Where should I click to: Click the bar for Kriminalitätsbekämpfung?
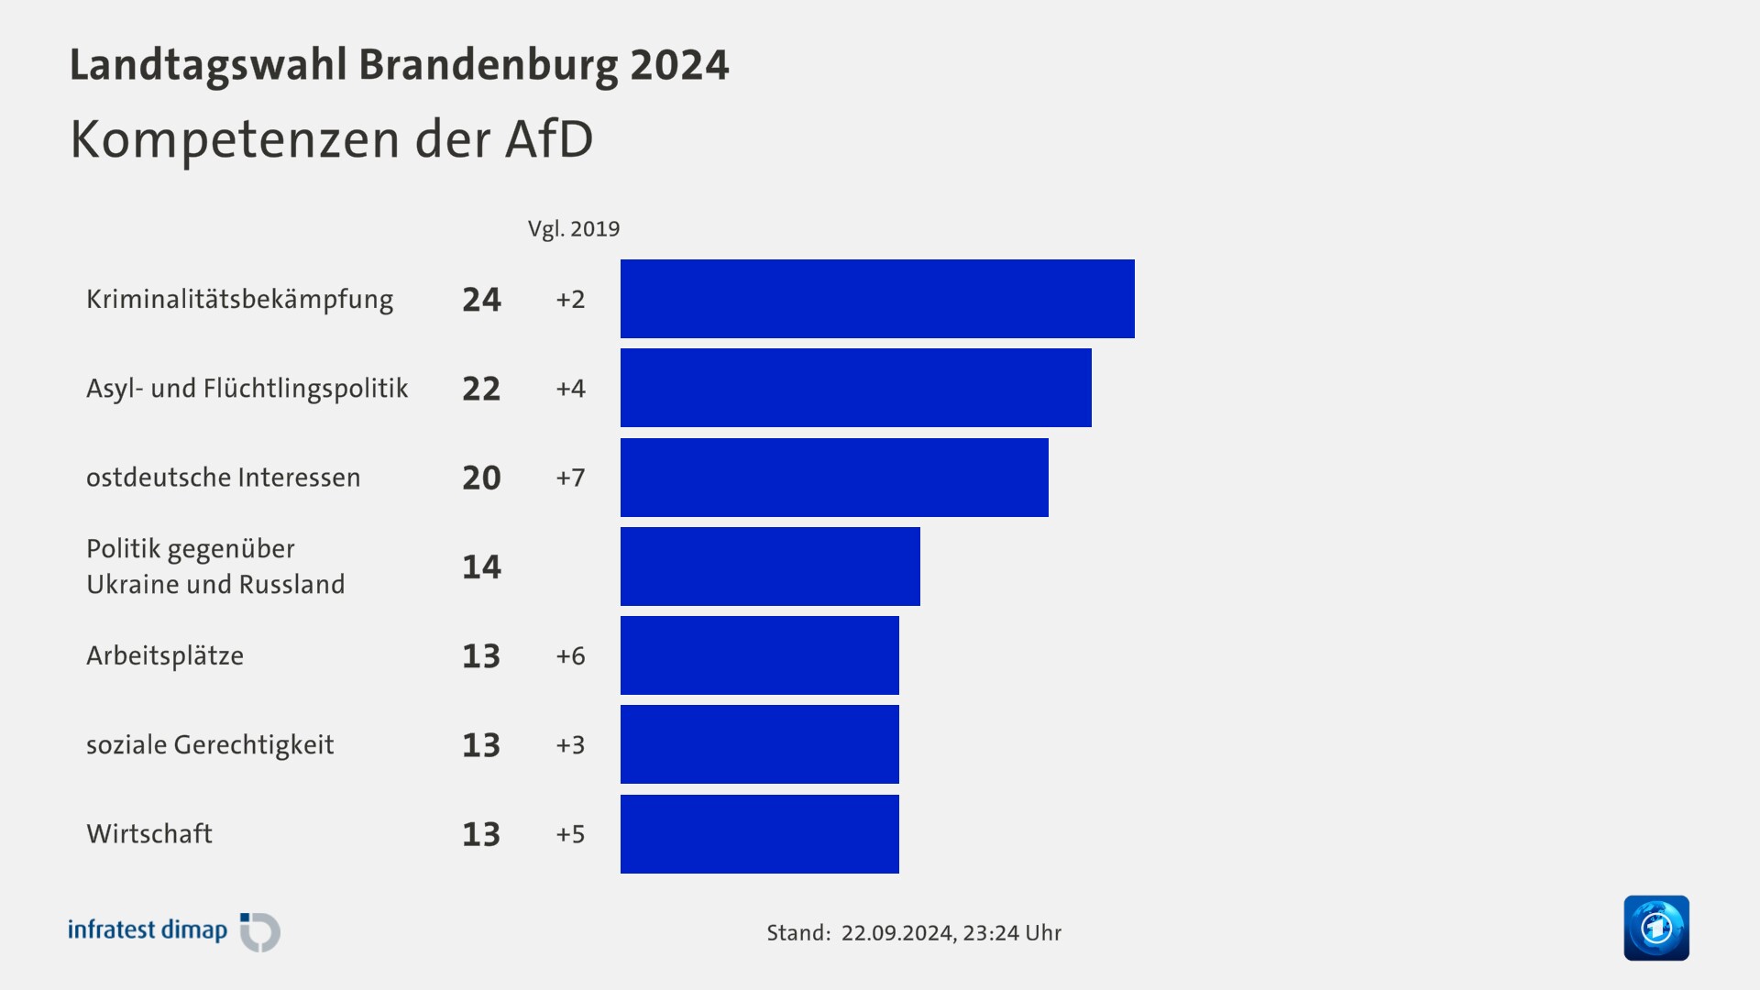coord(877,299)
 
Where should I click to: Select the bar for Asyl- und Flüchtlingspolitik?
coord(855,388)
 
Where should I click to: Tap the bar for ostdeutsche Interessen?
coord(834,477)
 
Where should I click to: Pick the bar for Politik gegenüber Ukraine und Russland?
coord(770,566)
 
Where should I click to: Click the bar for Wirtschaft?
coord(759,834)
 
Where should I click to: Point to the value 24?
coord(481,300)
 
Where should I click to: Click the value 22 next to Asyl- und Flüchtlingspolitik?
coord(481,389)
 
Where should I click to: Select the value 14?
coord(481,567)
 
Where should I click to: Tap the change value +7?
coord(570,478)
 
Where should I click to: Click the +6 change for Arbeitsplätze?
coord(570,656)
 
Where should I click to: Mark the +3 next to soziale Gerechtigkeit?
coord(570,745)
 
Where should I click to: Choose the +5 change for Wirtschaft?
coord(570,834)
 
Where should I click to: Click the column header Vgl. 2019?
coord(574,229)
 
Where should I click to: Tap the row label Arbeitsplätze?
coord(165,656)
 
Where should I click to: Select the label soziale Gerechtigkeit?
coord(210,745)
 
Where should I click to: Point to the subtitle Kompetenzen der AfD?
coord(332,139)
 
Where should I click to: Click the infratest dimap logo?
coord(174,931)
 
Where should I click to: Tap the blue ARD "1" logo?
coord(1656,928)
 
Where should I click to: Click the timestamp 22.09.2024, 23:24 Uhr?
coord(951,933)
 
